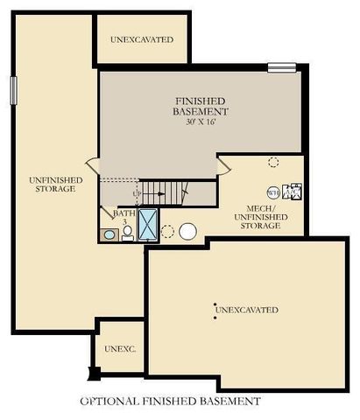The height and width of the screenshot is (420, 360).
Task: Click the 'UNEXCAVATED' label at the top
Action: (x=142, y=40)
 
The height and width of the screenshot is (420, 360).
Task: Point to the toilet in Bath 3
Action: (x=128, y=232)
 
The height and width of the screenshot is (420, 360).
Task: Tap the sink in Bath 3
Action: (x=109, y=234)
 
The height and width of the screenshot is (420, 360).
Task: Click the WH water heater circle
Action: (x=272, y=193)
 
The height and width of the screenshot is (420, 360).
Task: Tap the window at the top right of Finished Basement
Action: (x=281, y=67)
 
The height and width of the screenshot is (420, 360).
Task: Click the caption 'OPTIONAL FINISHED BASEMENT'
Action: (x=170, y=402)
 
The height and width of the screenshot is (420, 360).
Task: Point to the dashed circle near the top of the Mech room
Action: (x=273, y=162)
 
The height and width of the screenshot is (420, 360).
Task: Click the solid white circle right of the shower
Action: (x=188, y=232)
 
